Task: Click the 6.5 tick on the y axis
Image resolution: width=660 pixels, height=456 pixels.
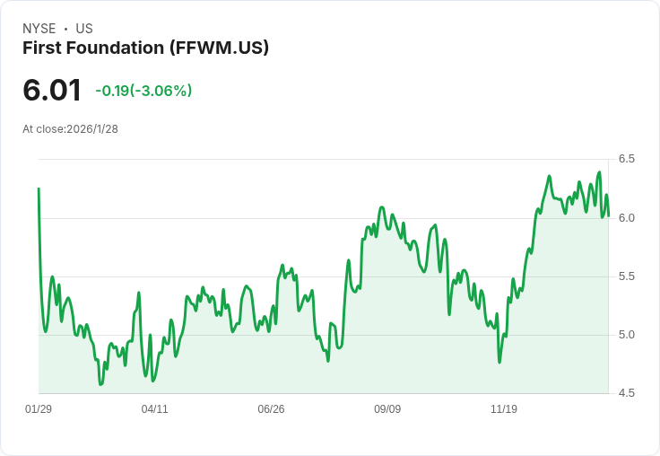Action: point(626,159)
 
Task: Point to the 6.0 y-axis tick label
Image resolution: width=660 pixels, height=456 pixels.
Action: point(626,218)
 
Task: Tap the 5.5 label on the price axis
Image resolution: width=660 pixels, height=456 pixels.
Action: point(626,276)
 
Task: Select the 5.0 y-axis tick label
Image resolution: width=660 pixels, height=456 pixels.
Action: point(626,335)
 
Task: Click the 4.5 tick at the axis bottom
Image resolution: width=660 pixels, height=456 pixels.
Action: point(626,393)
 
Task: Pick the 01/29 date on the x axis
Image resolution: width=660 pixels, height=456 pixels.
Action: point(39,409)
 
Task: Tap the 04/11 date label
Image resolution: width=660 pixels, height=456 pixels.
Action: point(155,409)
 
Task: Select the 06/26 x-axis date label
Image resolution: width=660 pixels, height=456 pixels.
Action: point(271,409)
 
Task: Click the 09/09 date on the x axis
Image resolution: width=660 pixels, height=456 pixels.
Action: point(387,409)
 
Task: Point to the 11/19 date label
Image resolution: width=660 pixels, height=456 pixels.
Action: point(504,409)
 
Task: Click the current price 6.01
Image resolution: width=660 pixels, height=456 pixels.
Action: point(52,90)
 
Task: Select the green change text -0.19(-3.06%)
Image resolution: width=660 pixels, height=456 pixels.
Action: point(143,91)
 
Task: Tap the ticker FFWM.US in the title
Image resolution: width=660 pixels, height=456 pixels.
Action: point(219,48)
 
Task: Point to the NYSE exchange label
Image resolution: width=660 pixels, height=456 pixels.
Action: point(39,29)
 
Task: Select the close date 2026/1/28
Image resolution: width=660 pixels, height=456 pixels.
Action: point(92,129)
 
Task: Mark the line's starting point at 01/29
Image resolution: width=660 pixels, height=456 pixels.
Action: point(39,189)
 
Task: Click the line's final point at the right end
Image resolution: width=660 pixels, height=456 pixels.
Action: point(608,215)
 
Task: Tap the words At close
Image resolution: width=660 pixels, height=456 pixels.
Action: point(43,129)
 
